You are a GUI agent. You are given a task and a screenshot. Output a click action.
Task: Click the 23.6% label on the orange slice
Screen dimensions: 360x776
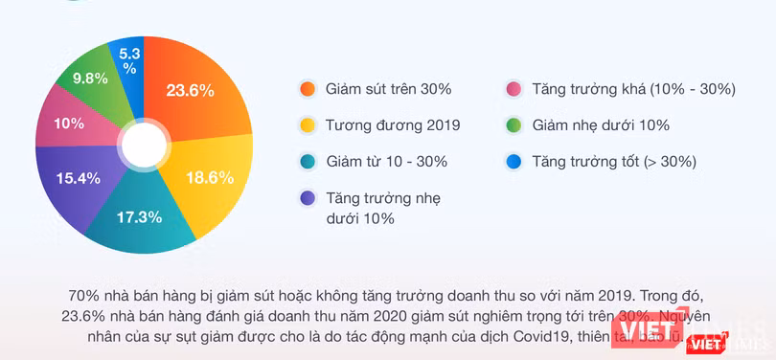[x=190, y=91]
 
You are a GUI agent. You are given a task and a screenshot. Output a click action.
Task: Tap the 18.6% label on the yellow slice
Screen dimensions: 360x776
[x=210, y=177]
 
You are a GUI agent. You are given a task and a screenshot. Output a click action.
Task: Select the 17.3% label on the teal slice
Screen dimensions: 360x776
[x=138, y=217]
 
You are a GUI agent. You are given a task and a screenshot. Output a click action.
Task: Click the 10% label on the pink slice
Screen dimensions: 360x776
[x=67, y=123]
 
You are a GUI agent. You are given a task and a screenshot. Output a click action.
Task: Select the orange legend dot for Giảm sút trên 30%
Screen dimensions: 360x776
[x=307, y=89]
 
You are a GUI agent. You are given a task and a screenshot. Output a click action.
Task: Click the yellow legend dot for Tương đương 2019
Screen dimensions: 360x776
[x=307, y=125]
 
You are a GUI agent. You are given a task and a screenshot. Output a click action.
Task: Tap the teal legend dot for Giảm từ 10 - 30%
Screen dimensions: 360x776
[x=307, y=162]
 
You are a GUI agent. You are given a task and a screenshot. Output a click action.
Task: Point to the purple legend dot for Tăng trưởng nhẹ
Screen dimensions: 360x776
[x=307, y=199]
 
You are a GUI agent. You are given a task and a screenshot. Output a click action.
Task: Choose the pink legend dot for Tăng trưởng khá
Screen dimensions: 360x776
[x=514, y=89]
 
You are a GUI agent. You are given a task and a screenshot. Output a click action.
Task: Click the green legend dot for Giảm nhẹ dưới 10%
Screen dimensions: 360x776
[x=514, y=125]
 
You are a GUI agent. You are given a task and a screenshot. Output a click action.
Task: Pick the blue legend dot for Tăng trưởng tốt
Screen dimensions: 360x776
[x=514, y=162]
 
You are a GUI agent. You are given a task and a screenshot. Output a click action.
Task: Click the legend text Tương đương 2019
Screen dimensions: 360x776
[x=393, y=125]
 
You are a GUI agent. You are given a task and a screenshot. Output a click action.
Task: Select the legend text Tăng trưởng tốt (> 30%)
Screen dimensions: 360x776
[x=614, y=162]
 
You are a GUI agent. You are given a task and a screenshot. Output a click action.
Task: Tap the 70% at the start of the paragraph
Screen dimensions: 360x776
[x=84, y=294]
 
